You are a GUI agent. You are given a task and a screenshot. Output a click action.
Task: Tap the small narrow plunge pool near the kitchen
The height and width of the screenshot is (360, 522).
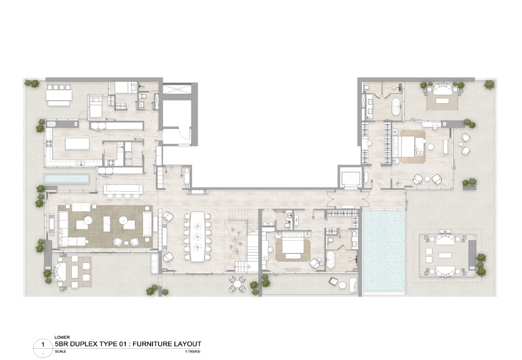point(66,179)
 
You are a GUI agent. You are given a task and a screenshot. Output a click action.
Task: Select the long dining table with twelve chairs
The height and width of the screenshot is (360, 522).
point(196,237)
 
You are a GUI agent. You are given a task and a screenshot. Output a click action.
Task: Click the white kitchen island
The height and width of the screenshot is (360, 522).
point(77,144)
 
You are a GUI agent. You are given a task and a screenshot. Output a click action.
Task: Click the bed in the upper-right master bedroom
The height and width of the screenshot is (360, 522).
point(410,145)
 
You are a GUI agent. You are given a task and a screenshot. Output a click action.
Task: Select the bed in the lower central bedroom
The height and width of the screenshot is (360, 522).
point(292,245)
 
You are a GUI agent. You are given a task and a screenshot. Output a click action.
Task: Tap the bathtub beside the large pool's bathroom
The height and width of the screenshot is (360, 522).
point(331,260)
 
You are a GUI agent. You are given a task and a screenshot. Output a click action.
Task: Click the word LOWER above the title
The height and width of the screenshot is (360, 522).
point(61,337)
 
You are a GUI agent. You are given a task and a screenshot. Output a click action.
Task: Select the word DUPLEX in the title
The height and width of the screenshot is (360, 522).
point(87,344)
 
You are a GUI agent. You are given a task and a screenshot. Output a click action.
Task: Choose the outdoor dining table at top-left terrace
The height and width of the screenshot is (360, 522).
point(59,95)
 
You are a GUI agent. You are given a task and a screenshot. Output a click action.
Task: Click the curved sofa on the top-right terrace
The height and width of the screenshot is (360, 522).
point(441,88)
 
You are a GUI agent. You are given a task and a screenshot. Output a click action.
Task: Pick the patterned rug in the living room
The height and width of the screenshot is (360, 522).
point(106,225)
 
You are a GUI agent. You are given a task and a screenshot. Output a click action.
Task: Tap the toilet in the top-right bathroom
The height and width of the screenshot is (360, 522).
point(368,88)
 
